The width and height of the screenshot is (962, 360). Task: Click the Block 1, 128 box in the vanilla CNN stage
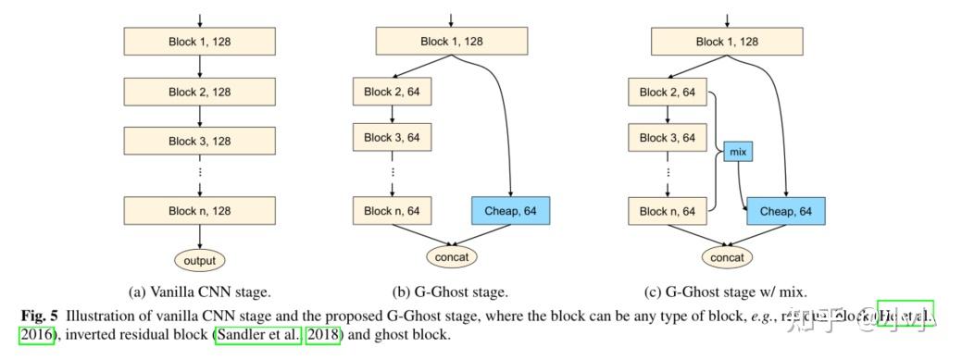(x=199, y=41)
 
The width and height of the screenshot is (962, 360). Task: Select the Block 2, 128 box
(x=199, y=92)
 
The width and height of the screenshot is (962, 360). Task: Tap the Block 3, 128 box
(x=199, y=142)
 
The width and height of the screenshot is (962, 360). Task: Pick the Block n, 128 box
(x=199, y=211)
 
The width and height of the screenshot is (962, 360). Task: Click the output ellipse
(x=199, y=260)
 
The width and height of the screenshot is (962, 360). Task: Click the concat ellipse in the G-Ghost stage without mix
(x=451, y=254)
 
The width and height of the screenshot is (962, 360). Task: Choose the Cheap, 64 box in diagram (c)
(x=785, y=211)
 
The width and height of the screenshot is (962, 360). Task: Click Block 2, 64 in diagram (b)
(x=392, y=92)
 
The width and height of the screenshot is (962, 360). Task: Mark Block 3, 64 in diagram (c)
(x=668, y=138)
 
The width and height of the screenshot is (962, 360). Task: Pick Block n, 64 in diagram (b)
(x=392, y=211)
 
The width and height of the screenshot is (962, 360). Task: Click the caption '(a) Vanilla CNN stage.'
(x=199, y=292)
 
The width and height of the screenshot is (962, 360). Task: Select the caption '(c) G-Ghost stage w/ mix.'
(x=727, y=292)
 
